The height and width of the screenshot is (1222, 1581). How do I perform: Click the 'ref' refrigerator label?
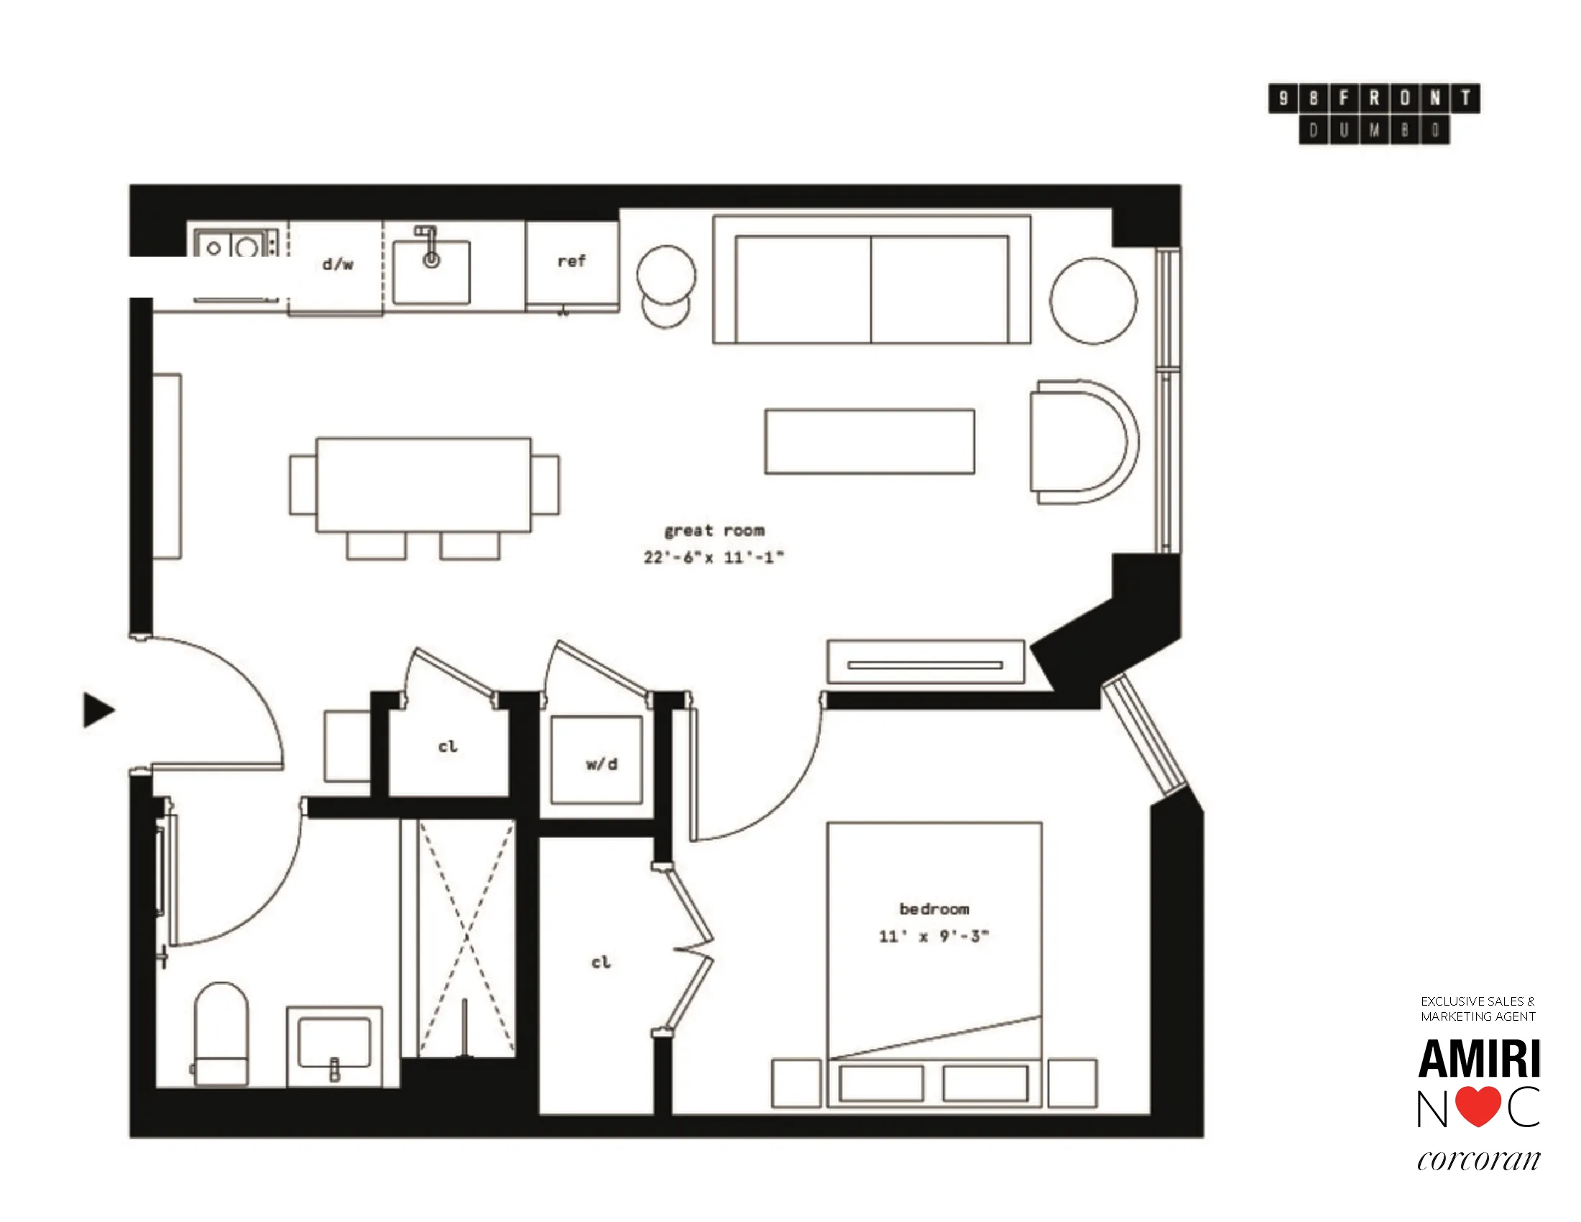pos(571,262)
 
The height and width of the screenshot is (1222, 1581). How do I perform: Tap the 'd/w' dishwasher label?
pos(337,265)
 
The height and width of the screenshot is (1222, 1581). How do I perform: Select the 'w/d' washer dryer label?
pos(601,763)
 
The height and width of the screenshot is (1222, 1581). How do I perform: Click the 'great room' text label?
pos(714,530)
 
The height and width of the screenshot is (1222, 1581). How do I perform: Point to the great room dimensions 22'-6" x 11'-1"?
pos(714,556)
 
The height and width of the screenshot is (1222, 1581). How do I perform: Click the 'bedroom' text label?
pos(934,909)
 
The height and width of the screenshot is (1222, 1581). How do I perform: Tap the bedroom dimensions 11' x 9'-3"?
pos(934,936)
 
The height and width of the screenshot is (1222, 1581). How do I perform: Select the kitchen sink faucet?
pos(430,246)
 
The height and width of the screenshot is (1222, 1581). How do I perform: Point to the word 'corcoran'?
pos(1478,1160)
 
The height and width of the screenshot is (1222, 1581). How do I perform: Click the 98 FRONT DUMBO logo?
pos(1373,114)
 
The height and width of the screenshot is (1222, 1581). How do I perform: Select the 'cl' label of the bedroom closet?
pos(601,962)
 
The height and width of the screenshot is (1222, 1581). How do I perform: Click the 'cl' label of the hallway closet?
pos(448,746)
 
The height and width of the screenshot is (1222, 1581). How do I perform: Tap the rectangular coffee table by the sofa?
pos(870,441)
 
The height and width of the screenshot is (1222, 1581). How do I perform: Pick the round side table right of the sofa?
pos(1093,300)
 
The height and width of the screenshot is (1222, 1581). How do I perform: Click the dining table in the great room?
pos(423,484)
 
